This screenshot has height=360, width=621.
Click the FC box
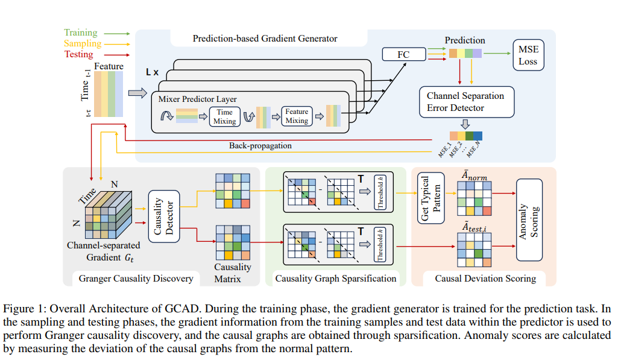[404, 54]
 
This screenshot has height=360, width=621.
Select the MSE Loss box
[528, 55]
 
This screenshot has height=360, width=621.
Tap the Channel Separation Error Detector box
[467, 102]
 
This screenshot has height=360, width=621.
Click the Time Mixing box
[224, 117]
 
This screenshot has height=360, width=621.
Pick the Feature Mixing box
[297, 116]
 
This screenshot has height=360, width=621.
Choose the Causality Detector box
[164, 216]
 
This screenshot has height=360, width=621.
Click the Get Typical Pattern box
[431, 198]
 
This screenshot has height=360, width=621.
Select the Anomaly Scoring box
[529, 220]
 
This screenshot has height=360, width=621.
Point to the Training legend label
[81, 33]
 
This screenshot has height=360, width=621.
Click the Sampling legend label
[83, 43]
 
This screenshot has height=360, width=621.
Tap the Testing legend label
[79, 54]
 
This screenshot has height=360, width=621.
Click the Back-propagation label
[260, 146]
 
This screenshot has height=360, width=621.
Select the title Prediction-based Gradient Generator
[265, 39]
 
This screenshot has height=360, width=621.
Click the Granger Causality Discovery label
[136, 279]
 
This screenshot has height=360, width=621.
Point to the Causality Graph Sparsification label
[335, 279]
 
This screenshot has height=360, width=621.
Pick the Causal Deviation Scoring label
[485, 279]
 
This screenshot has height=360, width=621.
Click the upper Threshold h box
[380, 192]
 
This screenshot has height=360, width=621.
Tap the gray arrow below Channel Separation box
[465, 124]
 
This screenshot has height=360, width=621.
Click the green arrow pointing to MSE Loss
[497, 53]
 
